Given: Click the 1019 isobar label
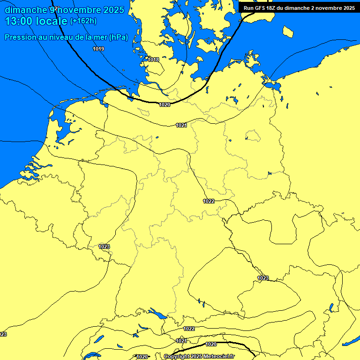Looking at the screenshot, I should tap(98, 49).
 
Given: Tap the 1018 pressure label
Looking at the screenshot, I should tap(153, 60).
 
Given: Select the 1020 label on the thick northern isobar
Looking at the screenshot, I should tap(165, 105).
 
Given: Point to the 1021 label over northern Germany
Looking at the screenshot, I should tap(182, 125).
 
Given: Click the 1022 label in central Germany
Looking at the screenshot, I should tap(209, 201).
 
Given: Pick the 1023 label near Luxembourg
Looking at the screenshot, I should tap(105, 247).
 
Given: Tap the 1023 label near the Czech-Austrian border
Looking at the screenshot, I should tap(263, 278).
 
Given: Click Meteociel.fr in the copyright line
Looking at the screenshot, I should tap(218, 357).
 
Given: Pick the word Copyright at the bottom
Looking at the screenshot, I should tap(176, 357).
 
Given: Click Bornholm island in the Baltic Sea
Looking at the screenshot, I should tap(288, 32).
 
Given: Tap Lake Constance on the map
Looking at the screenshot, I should tap(156, 313).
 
